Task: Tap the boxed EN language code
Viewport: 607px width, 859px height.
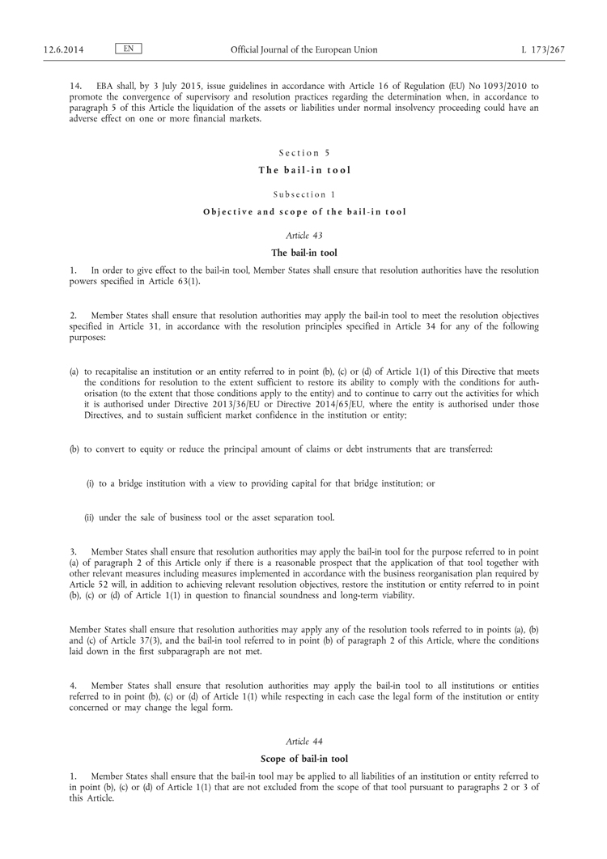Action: [129, 49]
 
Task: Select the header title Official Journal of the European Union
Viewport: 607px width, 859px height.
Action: [303, 49]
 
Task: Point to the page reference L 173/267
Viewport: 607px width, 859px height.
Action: [543, 49]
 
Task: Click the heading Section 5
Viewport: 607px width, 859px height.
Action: [303, 152]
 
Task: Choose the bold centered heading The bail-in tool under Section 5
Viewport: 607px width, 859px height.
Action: [303, 170]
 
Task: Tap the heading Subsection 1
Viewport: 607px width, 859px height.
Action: [303, 194]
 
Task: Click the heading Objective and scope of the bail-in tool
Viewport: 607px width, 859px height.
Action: [303, 212]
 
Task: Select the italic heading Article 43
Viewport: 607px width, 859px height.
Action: [303, 236]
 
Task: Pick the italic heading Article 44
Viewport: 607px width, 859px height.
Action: [303, 741]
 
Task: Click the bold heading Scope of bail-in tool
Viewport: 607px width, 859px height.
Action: [303, 759]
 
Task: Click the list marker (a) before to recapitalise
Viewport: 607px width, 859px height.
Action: [75, 371]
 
